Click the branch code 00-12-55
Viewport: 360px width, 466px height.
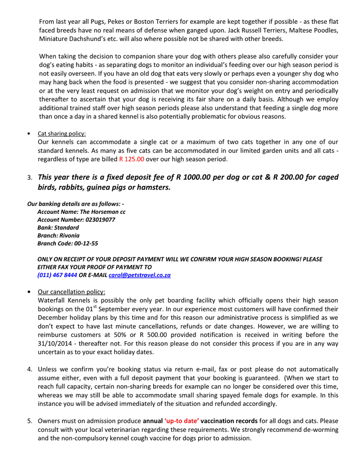tap(85, 243)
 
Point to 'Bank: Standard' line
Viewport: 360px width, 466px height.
tap(58, 227)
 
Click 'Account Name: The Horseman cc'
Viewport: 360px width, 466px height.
tap(81, 212)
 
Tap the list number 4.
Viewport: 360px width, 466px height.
tap(30, 369)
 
